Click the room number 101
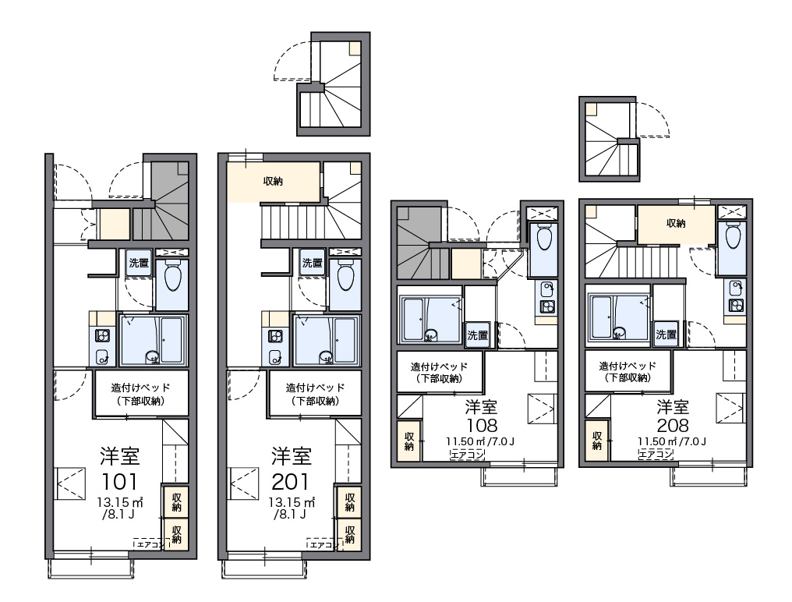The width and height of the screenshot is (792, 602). (120, 482)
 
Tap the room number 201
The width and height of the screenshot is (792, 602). (291, 482)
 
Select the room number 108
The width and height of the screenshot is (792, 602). (483, 425)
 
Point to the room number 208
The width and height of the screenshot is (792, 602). (673, 425)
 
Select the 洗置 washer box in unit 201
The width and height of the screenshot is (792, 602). (312, 263)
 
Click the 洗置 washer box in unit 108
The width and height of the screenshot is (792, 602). (477, 335)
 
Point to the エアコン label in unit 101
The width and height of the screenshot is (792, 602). (148, 544)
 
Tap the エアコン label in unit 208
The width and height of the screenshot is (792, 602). (656, 455)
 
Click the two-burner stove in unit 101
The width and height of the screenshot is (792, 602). (103, 335)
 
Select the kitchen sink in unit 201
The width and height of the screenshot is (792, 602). (275, 357)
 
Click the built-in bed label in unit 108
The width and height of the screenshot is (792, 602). (439, 373)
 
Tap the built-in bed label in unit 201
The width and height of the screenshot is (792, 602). (315, 395)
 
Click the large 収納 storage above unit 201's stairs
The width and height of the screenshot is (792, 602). (274, 182)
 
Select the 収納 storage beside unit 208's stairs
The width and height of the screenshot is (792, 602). (676, 224)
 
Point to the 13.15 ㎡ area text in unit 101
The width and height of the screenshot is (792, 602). (120, 503)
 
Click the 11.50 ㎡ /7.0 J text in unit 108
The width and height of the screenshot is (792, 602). (480, 442)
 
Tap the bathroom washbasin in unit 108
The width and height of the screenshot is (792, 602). (430, 335)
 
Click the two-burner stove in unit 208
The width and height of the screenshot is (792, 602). (735, 306)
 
